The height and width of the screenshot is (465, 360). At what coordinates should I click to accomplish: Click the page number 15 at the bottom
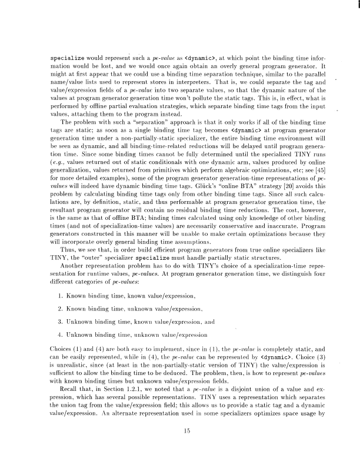(179, 417)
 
